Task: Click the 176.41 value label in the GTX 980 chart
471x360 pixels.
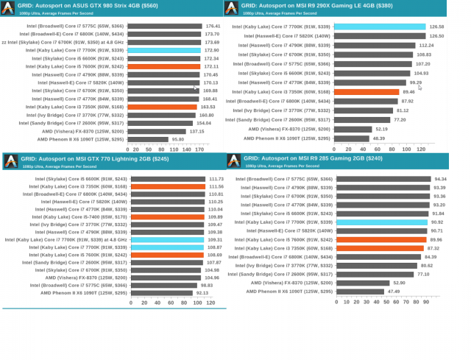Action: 212,26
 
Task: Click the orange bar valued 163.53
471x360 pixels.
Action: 162,107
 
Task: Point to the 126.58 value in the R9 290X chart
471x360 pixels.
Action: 436,27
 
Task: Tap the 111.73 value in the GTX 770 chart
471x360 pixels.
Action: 216,179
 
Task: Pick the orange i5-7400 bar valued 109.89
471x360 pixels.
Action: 168,217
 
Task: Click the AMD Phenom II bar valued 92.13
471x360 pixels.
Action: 161,292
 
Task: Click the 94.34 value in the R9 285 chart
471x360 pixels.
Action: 441,179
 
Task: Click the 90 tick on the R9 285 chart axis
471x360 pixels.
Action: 426,302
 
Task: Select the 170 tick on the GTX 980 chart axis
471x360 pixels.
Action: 198,149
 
